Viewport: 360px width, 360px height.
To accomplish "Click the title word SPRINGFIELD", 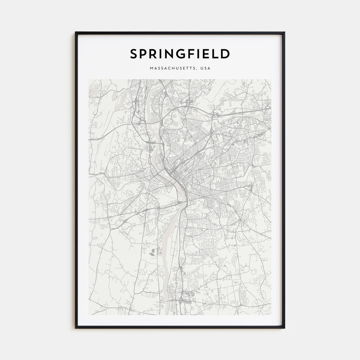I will [x=180, y=54].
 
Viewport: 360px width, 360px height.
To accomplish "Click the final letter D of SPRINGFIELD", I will [x=225, y=54].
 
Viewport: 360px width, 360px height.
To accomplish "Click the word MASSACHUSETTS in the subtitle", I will [x=173, y=68].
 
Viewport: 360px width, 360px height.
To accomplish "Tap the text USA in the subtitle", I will [x=206, y=68].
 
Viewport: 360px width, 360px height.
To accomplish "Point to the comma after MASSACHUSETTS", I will [x=199, y=69].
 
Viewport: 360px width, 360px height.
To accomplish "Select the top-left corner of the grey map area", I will [x=89, y=79].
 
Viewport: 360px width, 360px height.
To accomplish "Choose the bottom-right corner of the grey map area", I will [x=271, y=315].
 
